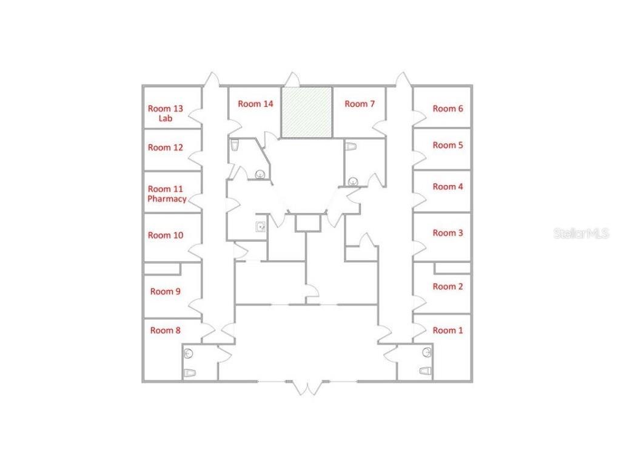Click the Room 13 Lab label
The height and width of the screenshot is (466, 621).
point(166,113)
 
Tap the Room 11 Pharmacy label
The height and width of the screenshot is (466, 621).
point(167,194)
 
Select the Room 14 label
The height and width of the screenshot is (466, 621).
point(255,104)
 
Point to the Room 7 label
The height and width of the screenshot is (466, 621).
point(360,104)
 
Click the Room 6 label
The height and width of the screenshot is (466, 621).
point(448,109)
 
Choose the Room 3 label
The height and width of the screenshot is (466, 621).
point(448,233)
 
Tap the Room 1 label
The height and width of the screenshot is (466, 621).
point(448,331)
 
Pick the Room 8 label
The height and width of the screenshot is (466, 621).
point(165,331)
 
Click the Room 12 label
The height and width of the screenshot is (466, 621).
point(166,147)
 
